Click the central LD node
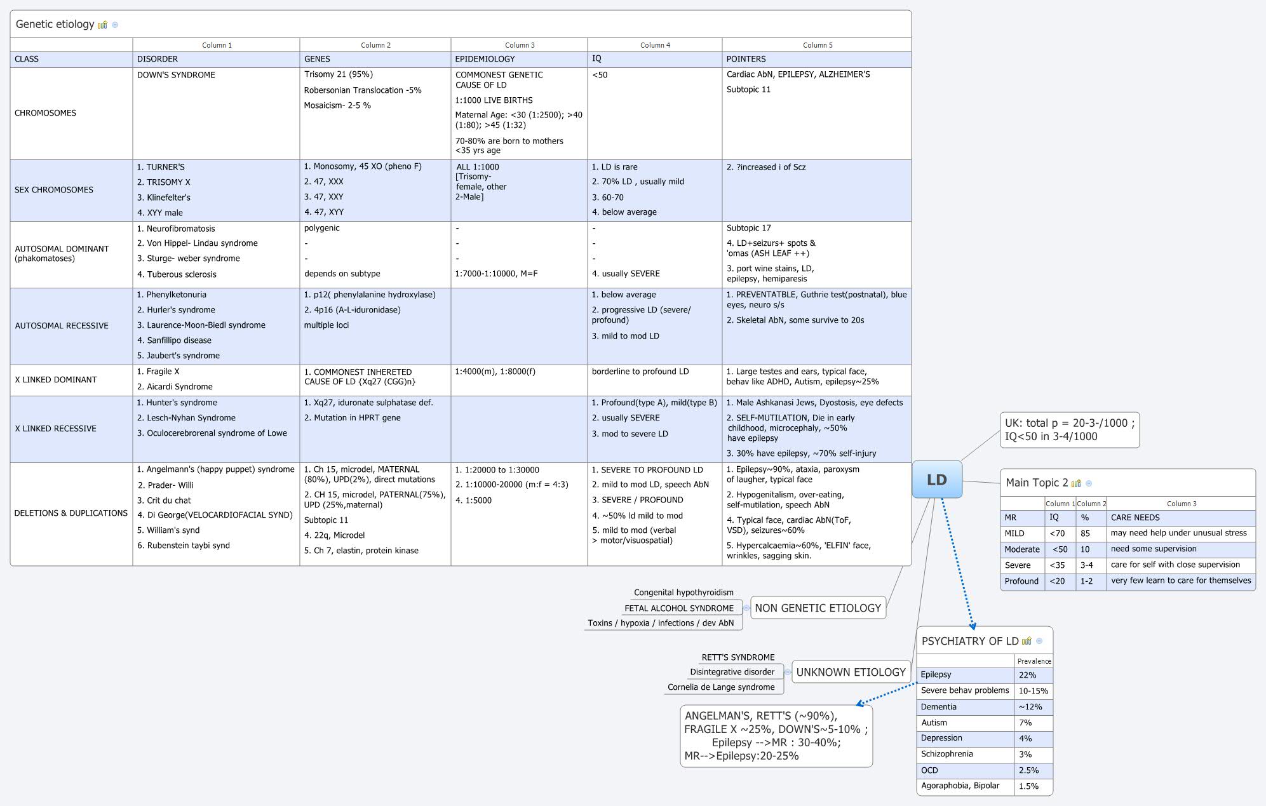(x=936, y=480)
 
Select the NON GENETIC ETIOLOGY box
(x=818, y=608)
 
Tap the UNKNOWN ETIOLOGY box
(x=851, y=672)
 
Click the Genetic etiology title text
(x=55, y=24)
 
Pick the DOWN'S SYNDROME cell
(x=176, y=75)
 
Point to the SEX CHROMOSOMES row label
(x=54, y=190)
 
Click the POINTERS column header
(x=746, y=59)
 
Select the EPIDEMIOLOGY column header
(x=485, y=59)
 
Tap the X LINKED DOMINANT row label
(x=56, y=380)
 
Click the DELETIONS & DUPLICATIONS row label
(x=71, y=513)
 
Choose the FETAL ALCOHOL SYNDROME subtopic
(x=678, y=608)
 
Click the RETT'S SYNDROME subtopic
(x=737, y=657)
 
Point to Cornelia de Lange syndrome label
(x=721, y=687)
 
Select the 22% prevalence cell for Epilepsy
(x=1027, y=675)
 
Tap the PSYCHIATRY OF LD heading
(x=969, y=641)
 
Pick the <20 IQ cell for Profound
(x=1057, y=581)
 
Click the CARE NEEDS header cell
(x=1135, y=518)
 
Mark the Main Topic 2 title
(x=1036, y=483)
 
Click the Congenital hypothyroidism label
(x=684, y=593)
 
